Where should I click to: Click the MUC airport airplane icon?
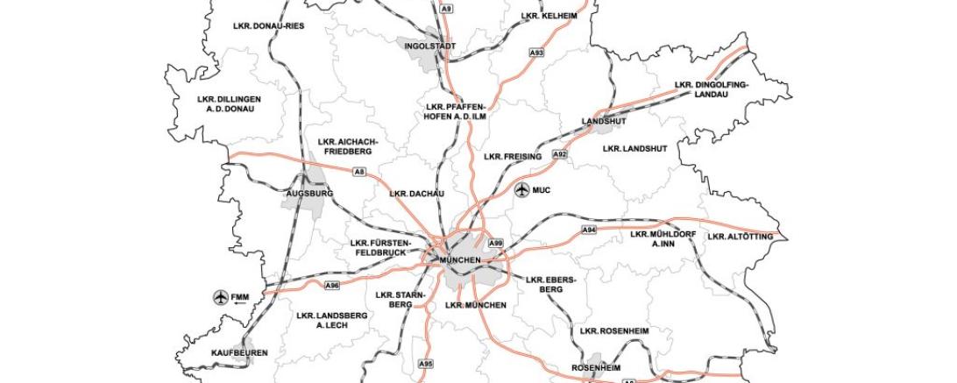pos(522,189)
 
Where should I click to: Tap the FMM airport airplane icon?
pos(221,297)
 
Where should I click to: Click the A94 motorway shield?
pos(589,230)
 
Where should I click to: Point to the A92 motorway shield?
pos(559,154)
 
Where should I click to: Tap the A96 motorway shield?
pos(331,286)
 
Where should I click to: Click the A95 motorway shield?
pos(426,363)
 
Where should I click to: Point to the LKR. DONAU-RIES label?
pos(268,26)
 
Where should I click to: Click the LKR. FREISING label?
pos(514,157)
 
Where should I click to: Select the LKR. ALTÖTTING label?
pos(740,237)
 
